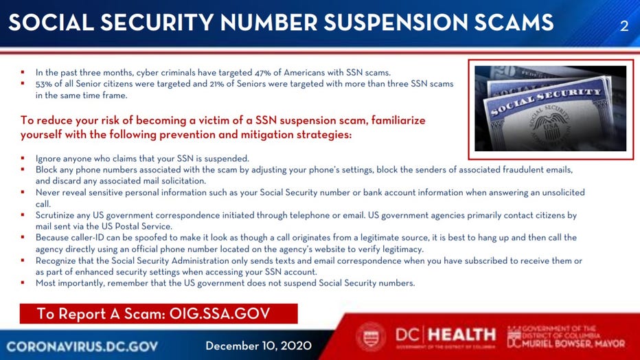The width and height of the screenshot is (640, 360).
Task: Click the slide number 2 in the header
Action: click(624, 26)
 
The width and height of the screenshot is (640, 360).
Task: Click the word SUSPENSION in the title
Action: click(396, 22)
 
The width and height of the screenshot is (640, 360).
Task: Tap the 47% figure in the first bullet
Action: click(263, 73)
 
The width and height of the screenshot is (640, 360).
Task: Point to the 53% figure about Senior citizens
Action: click(44, 84)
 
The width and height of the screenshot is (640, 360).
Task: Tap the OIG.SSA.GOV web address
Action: click(220, 313)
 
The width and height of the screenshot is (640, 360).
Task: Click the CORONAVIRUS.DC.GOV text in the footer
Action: click(82, 346)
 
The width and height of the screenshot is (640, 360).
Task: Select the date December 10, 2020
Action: click(258, 346)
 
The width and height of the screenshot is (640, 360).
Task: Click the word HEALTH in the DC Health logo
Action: click(462, 335)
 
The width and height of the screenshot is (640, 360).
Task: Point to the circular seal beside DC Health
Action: click(371, 337)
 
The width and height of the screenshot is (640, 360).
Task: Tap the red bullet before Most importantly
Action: click(23, 282)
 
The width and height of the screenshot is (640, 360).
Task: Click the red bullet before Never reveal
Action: click(23, 192)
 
